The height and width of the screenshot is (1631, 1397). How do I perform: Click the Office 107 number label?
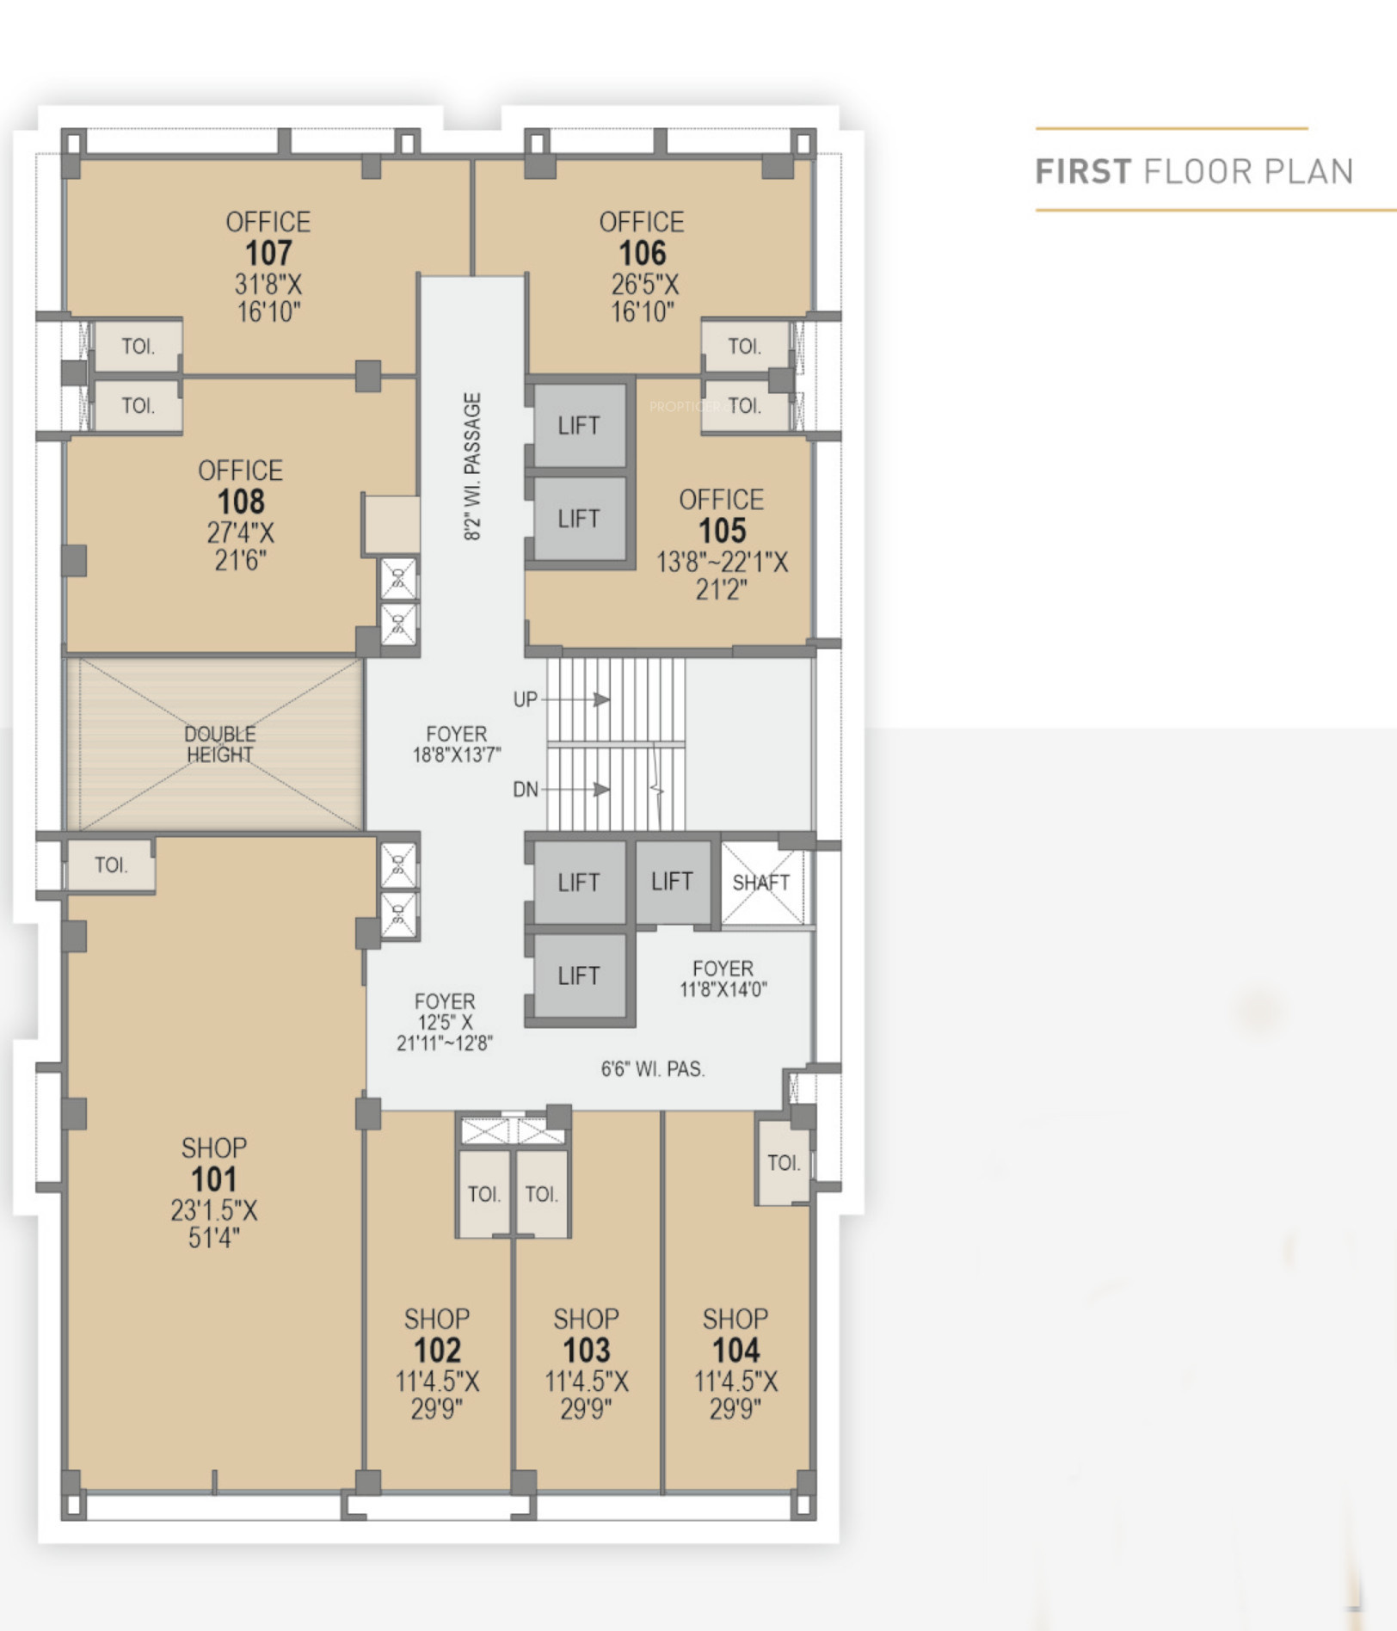tap(268, 254)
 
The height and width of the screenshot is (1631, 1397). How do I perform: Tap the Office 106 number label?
tap(642, 254)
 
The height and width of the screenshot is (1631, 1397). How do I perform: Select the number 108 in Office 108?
tap(241, 502)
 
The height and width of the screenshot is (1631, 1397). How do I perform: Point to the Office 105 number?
tap(722, 532)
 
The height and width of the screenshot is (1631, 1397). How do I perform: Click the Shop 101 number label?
tap(213, 1179)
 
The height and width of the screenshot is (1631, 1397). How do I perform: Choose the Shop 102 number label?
tap(437, 1351)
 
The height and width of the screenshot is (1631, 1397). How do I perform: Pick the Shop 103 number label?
tap(586, 1351)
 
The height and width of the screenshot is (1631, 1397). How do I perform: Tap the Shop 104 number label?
tap(735, 1351)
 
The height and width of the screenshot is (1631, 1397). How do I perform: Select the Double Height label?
tap(219, 744)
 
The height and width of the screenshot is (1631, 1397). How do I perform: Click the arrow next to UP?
tap(575, 699)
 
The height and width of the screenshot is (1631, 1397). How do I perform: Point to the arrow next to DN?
tap(575, 789)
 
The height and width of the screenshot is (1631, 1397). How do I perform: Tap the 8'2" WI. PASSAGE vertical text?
tap(472, 466)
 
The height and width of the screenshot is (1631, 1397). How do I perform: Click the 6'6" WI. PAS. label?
tap(653, 1069)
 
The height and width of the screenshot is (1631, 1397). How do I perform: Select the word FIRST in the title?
tap(1083, 172)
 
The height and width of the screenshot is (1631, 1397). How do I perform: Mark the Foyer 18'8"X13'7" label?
tap(457, 744)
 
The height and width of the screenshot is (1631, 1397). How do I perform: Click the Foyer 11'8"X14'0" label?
tap(723, 979)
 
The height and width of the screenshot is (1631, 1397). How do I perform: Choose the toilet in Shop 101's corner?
tap(111, 865)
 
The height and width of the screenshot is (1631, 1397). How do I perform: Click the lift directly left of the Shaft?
tap(673, 882)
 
